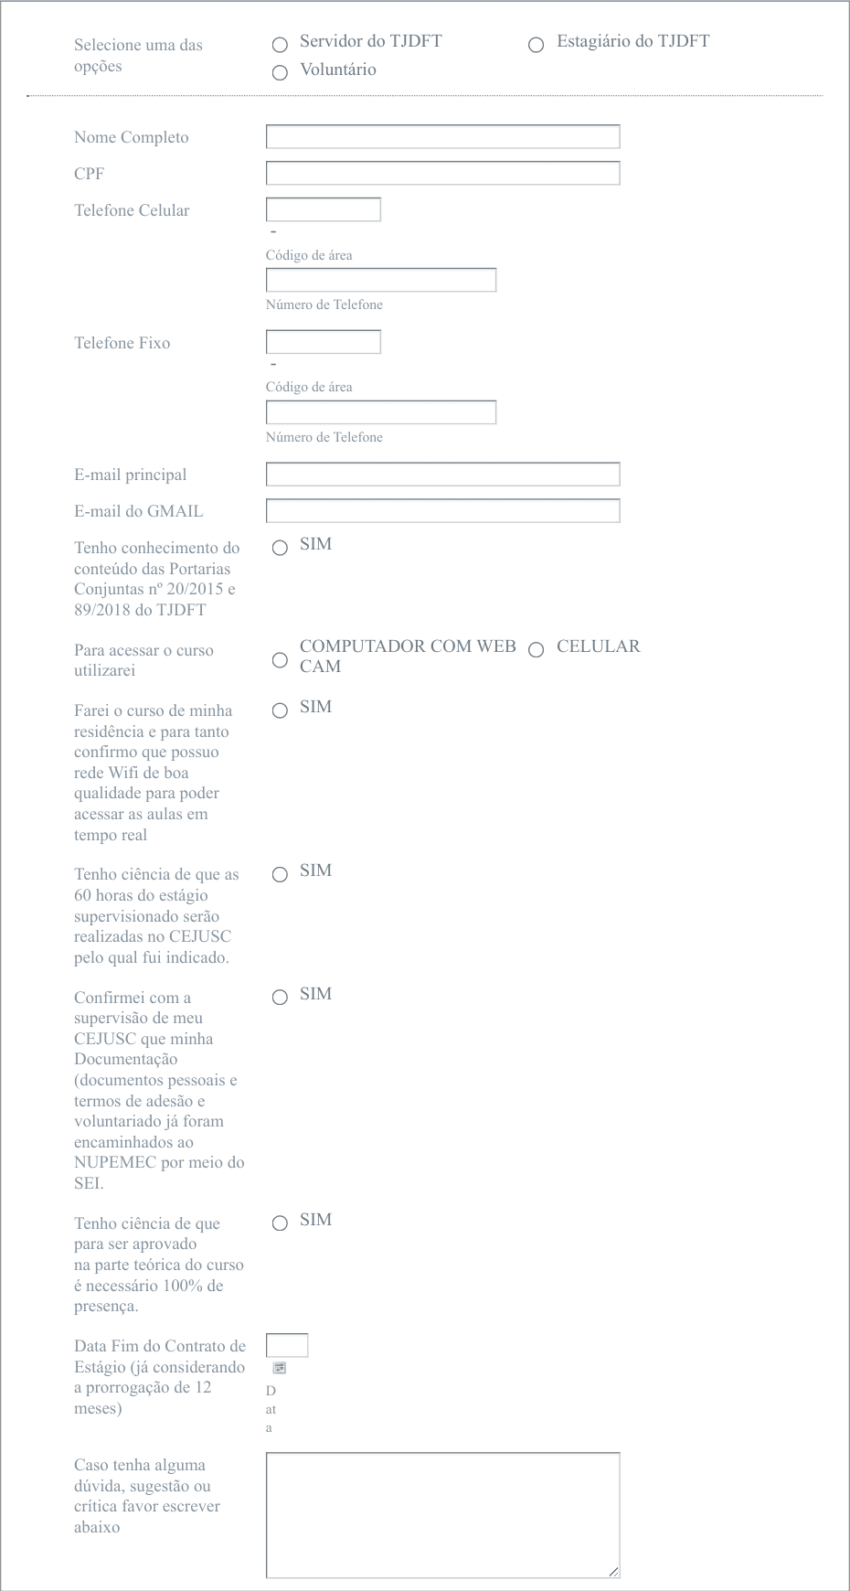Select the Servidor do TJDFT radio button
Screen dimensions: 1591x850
point(280,45)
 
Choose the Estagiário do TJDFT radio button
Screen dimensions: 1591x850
point(537,45)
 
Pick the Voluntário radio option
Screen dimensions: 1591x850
point(280,73)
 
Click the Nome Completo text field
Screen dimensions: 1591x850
point(442,137)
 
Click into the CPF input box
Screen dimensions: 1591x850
point(442,174)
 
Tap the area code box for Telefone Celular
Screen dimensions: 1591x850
point(323,210)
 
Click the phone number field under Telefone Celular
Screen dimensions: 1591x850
point(380,280)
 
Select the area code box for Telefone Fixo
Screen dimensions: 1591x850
point(323,342)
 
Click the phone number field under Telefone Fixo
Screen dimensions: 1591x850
point(380,412)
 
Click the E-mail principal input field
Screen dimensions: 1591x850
point(442,475)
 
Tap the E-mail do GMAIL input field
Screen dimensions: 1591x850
point(442,511)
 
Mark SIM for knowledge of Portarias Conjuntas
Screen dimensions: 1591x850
point(280,548)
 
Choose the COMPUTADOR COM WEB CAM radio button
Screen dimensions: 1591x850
point(280,660)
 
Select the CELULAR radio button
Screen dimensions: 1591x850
point(537,650)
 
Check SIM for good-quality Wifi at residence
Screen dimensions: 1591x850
point(280,710)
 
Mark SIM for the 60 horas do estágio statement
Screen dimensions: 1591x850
point(280,874)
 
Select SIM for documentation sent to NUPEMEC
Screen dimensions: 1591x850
point(280,998)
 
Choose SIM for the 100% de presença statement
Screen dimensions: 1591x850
point(280,1223)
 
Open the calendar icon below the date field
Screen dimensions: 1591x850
point(280,1368)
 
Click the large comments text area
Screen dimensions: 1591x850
point(442,1515)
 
